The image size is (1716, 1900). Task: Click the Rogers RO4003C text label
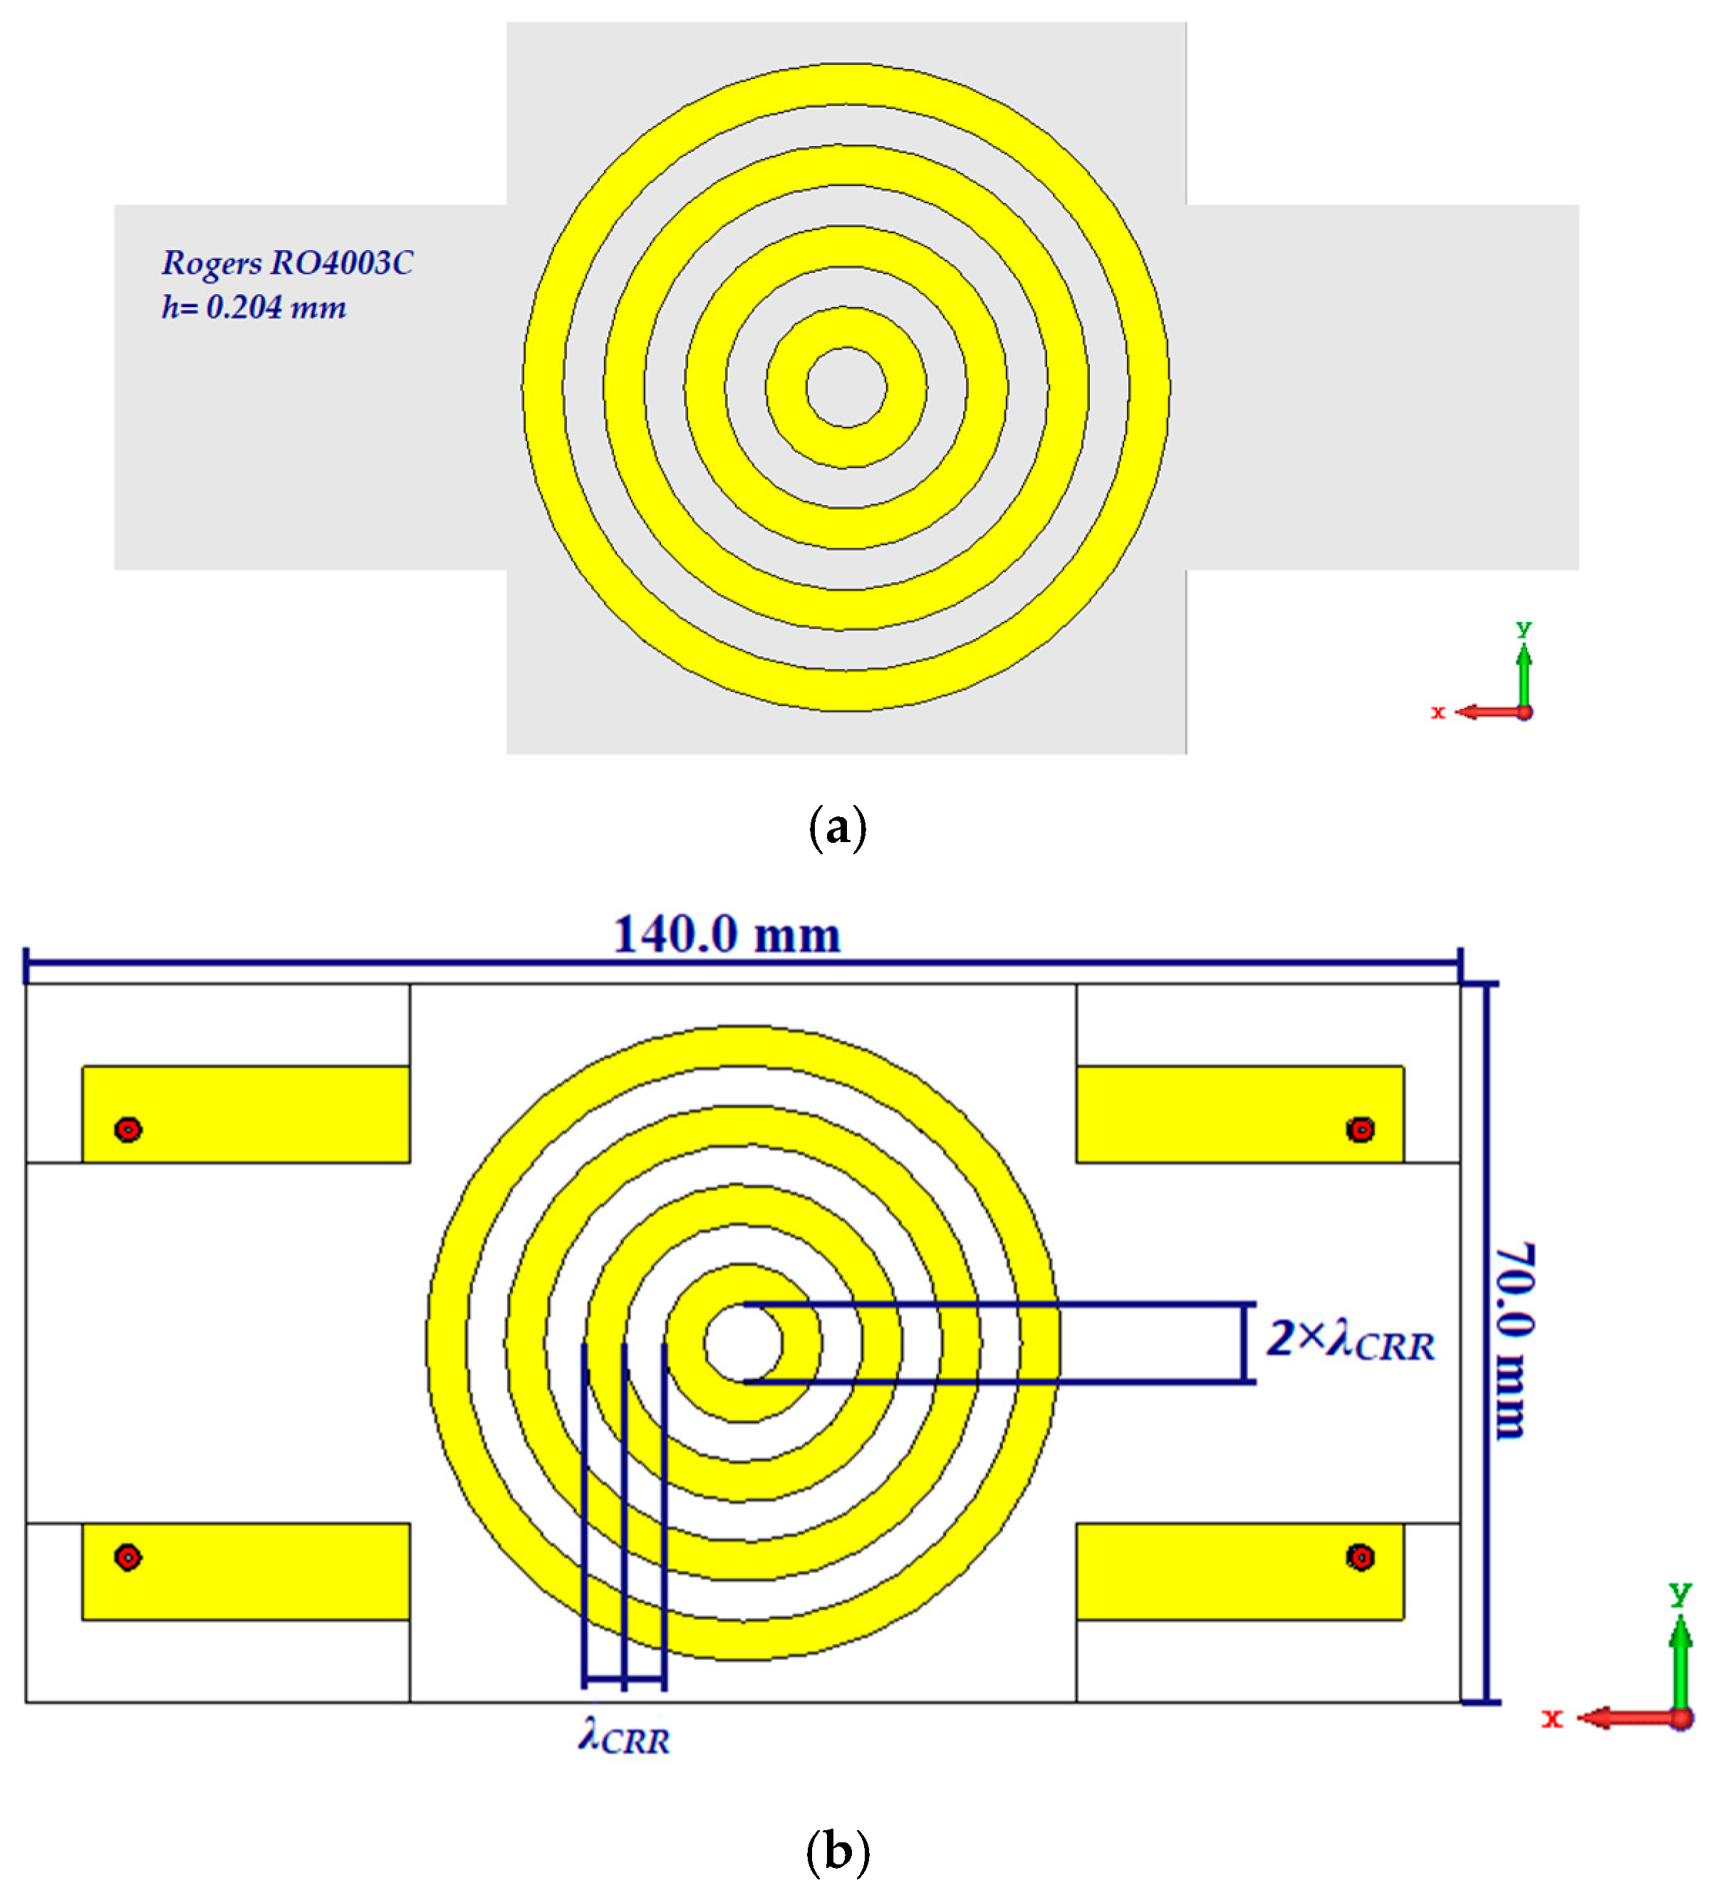(x=286, y=262)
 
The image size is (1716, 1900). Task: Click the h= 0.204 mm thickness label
(x=254, y=307)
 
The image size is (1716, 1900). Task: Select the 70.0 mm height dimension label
(x=1514, y=1342)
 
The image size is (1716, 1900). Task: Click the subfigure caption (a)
(x=837, y=828)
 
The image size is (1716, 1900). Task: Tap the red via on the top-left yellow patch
(x=128, y=1129)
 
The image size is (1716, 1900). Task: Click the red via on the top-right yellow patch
(x=1360, y=1129)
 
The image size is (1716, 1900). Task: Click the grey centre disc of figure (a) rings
(x=846, y=388)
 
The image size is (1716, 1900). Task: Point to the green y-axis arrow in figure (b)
(x=1680, y=1663)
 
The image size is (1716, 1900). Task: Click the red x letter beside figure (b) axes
(x=1551, y=1718)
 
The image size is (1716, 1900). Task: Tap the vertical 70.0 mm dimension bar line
(x=1488, y=1342)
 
